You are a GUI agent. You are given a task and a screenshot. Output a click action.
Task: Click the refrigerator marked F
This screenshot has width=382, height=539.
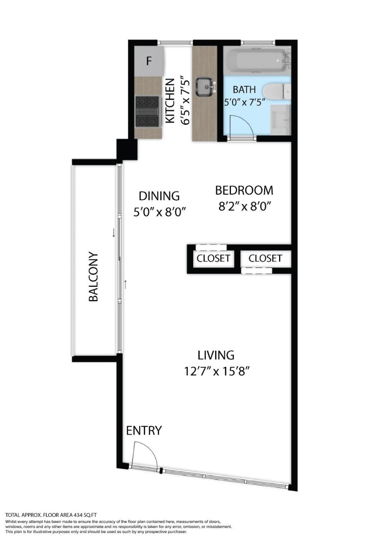point(149,61)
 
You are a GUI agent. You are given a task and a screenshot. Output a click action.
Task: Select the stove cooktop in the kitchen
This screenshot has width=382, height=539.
point(147,111)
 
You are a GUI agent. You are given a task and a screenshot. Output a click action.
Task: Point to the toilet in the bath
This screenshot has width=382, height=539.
point(277,91)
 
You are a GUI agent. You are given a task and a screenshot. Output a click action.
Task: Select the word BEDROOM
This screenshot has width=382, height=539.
point(244,190)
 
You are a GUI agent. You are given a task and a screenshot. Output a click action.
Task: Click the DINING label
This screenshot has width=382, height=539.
point(159,196)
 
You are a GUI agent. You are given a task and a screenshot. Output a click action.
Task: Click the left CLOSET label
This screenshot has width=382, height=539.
point(213,258)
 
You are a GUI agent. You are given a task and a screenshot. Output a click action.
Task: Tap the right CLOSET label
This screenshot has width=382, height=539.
point(265,258)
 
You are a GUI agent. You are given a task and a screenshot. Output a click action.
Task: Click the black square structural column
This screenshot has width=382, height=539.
point(127,149)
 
